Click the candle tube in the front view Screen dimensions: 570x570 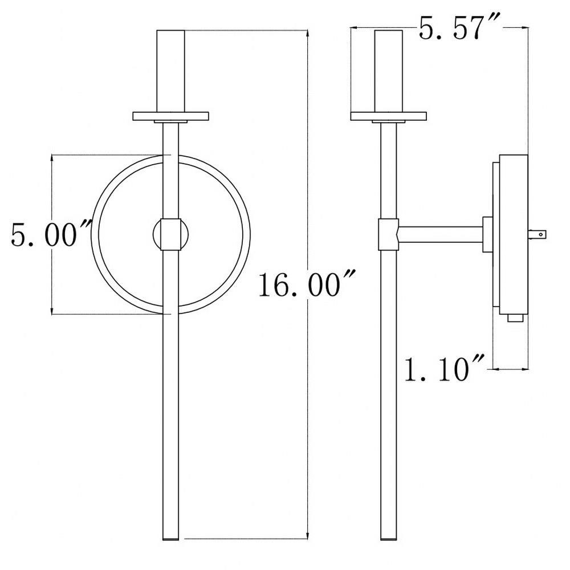tap(170, 71)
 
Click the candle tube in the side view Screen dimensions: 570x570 tap(389, 71)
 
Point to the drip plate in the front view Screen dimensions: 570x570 tap(170, 116)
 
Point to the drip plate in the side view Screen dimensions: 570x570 tap(388, 116)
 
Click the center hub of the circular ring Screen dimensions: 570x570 tap(170, 234)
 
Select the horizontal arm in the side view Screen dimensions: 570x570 tap(441, 235)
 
